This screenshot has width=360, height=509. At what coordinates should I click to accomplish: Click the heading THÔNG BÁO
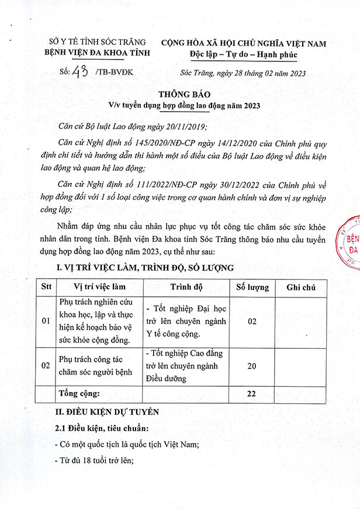point(180,95)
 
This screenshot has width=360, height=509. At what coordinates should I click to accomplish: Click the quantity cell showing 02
point(252,321)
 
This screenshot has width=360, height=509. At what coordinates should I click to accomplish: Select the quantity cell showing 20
point(252,365)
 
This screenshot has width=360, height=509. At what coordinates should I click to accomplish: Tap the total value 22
point(252,393)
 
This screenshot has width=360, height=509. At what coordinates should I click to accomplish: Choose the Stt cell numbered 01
point(47,321)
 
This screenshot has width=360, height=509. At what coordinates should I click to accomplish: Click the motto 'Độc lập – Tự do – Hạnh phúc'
point(244,55)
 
